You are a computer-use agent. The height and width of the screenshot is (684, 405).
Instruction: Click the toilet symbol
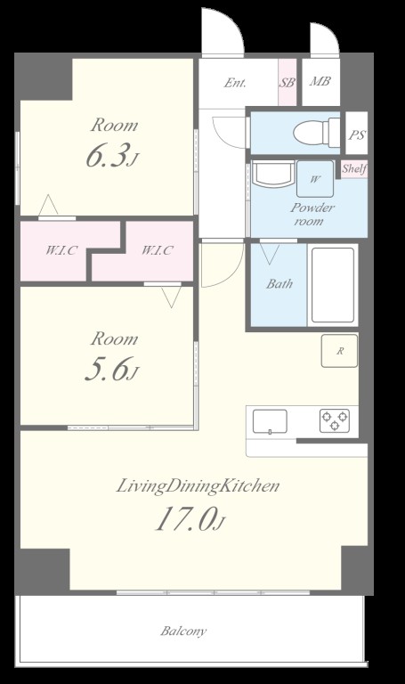point(317,132)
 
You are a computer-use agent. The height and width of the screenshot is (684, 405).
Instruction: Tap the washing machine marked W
point(315,179)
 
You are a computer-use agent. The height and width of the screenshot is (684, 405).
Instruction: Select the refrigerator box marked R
point(340,350)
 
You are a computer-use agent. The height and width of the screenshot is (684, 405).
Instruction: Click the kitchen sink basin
point(270,421)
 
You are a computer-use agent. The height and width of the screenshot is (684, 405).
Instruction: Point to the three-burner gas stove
point(335,420)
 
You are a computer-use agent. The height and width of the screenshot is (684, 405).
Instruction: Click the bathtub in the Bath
point(333,285)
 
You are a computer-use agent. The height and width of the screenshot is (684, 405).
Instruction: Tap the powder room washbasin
point(273,174)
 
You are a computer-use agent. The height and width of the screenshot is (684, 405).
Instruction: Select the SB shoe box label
point(287,82)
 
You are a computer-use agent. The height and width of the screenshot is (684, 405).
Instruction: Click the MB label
point(320,81)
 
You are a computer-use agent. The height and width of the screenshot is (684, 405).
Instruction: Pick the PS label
point(356,134)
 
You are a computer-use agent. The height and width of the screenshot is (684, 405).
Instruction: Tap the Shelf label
point(354,168)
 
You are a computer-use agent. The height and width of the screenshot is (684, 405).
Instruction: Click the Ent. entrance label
point(235,83)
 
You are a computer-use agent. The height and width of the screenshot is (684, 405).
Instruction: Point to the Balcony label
point(183,631)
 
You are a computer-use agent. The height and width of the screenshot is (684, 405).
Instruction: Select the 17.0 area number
point(185,519)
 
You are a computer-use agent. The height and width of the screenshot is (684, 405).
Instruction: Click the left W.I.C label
point(62,250)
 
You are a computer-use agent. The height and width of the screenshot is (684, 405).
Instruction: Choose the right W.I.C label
point(157,250)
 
